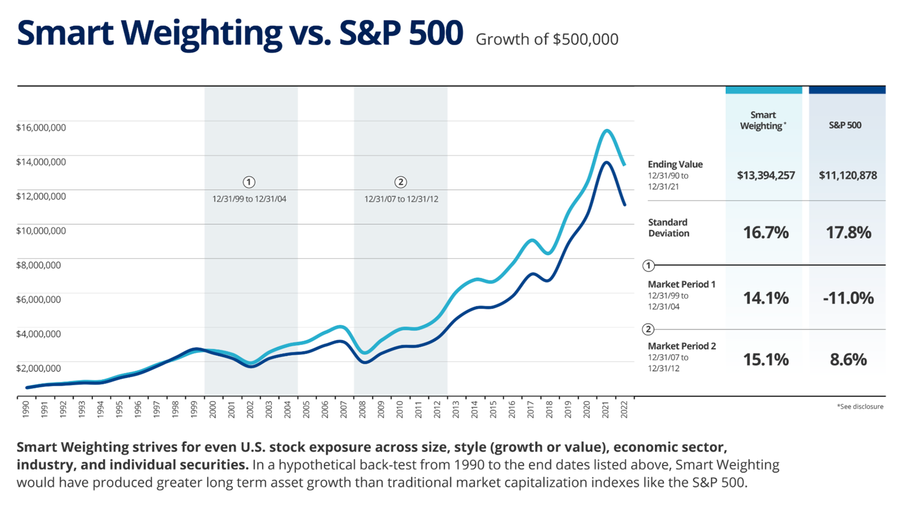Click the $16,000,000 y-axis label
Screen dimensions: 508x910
click(41, 127)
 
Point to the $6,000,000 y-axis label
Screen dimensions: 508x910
click(38, 299)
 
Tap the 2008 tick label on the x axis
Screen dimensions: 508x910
click(362, 410)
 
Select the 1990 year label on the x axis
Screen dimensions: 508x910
click(26, 410)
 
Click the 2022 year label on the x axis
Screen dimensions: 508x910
click(624, 410)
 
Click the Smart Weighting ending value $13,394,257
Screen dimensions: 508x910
click(765, 176)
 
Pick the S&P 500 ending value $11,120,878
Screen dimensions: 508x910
click(847, 176)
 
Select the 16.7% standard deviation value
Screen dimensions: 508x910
click(765, 232)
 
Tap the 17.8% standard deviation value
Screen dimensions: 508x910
click(848, 232)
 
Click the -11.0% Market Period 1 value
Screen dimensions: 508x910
click(848, 298)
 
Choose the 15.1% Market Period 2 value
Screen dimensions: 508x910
click(765, 359)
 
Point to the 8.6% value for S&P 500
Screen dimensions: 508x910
click(848, 359)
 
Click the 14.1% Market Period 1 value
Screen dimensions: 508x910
click(765, 298)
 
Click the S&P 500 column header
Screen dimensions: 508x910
click(845, 125)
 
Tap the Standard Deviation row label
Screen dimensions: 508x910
click(668, 228)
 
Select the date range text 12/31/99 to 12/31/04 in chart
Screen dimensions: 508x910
click(249, 199)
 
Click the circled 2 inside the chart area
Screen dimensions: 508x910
click(400, 182)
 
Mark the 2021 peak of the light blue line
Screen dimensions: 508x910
click(606, 130)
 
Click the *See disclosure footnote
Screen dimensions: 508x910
click(860, 407)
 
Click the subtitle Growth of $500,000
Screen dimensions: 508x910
click(547, 39)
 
